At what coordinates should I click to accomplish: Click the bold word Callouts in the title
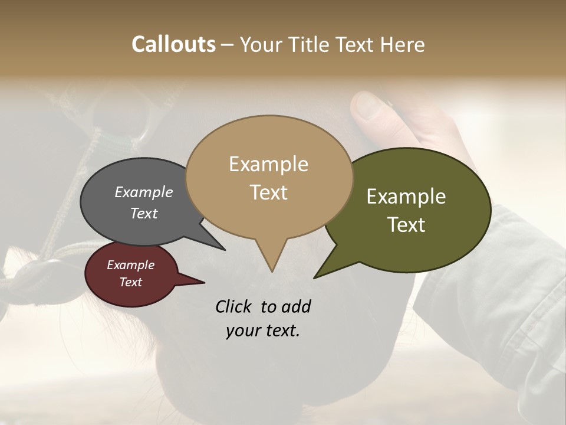click(173, 44)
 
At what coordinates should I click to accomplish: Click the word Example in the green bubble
click(406, 197)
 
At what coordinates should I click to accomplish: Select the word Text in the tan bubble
click(269, 192)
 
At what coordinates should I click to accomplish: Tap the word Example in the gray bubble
click(144, 192)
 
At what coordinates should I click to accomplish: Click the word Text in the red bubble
click(131, 282)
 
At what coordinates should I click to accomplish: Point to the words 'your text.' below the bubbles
click(263, 331)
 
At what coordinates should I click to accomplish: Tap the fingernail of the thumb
click(370, 105)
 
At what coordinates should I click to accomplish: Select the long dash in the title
click(228, 44)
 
